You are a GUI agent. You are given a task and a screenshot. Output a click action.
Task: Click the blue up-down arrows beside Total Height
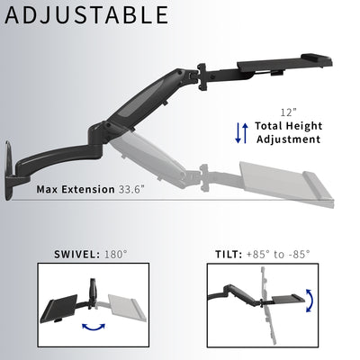pos(240,131)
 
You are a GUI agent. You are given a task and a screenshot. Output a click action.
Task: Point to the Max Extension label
pos(76,190)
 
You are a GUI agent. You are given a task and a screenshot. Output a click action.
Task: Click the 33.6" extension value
pos(136,190)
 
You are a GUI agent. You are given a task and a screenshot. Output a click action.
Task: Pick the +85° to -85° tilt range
pos(278,254)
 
